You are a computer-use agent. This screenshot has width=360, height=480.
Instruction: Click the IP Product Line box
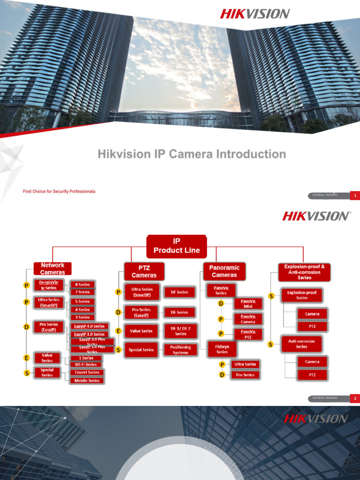point(176,246)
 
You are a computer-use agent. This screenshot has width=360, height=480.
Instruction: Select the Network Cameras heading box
point(52,269)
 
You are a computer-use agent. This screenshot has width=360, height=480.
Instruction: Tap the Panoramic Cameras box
point(224,271)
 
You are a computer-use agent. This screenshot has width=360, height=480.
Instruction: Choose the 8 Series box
point(82,284)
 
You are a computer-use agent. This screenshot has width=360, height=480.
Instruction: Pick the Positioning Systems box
point(180,350)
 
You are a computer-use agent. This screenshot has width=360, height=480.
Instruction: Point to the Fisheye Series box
point(222,349)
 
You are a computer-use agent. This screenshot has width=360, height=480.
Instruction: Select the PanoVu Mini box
point(248,303)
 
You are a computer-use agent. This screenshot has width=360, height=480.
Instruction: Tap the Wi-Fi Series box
point(86,364)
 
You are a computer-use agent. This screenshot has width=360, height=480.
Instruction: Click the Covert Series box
point(87,372)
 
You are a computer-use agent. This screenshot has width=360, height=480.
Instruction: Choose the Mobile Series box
point(87,381)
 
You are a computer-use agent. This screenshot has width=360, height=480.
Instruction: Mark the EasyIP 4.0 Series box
point(89,326)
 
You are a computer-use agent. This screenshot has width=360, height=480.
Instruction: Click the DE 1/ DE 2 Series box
point(180,331)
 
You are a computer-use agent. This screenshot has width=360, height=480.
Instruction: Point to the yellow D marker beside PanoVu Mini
point(221,303)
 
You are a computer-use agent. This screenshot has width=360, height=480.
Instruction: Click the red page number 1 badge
point(355,195)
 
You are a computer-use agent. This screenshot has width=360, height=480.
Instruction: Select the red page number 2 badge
point(355,398)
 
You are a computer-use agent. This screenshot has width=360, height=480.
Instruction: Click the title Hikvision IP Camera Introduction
point(192,154)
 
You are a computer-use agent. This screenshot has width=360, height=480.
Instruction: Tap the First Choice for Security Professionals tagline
point(59,191)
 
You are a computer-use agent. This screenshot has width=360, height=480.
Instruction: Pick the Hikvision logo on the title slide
point(255,14)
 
